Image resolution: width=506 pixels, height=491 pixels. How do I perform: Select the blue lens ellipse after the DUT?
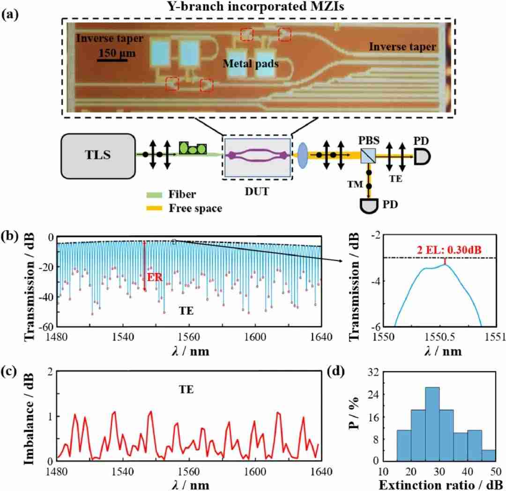302,154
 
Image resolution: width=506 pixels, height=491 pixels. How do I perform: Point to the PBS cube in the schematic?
368,155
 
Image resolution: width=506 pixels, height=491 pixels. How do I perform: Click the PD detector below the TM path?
370,204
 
